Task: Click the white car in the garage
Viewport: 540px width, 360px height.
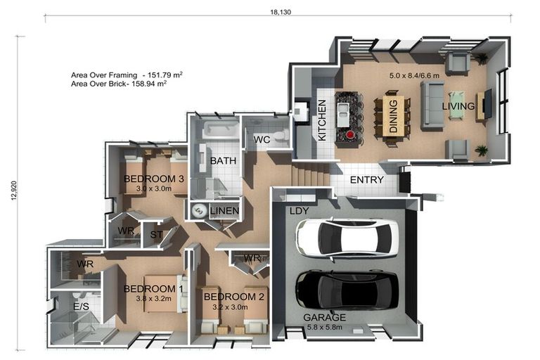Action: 347,238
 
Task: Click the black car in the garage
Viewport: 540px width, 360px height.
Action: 347,290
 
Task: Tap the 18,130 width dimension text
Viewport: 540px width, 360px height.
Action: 281,12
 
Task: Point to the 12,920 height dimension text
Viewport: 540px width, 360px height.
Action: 14,191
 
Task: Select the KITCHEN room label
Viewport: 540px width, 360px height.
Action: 322,120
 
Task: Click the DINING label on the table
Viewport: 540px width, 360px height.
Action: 393,116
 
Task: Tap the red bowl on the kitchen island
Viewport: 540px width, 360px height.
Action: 350,135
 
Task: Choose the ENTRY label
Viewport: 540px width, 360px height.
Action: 367,180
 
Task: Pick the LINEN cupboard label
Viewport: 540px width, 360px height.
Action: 224,210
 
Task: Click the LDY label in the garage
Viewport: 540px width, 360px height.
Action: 299,211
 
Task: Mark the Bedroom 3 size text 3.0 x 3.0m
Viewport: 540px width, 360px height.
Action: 153,188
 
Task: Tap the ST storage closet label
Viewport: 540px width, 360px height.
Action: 156,235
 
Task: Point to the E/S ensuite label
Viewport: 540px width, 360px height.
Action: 82,307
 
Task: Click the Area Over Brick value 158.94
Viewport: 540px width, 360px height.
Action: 152,84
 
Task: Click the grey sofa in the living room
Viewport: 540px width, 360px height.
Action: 432,105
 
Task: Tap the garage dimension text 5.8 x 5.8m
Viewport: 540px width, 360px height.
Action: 324,327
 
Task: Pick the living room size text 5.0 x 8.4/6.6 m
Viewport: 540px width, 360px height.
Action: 414,75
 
